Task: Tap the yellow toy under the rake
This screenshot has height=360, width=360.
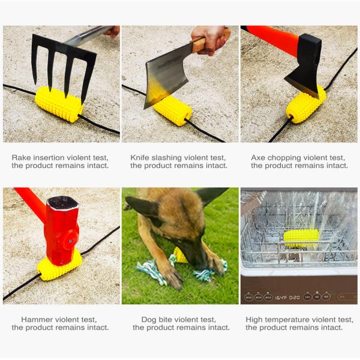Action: click(58, 104)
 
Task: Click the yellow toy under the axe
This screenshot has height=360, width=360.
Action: click(306, 104)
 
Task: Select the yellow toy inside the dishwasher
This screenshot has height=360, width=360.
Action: click(301, 237)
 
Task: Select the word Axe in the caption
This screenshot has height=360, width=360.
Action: click(259, 158)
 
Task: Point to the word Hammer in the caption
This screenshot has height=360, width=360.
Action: click(37, 320)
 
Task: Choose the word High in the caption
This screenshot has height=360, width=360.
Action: click(256, 320)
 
